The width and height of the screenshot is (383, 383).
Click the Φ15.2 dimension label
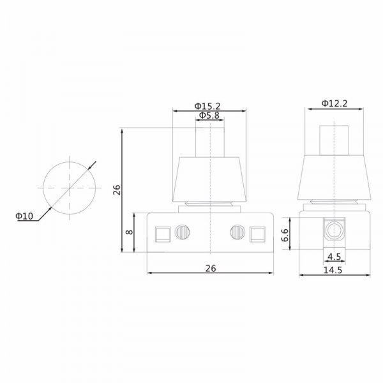(x=207, y=106)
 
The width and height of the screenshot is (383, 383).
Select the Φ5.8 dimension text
(x=209, y=116)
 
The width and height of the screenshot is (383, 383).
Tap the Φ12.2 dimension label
(x=334, y=103)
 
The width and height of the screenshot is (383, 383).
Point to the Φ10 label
(x=24, y=216)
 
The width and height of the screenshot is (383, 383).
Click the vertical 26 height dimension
(x=117, y=190)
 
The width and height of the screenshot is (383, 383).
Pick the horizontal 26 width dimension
(x=211, y=269)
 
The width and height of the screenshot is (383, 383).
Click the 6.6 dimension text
(x=285, y=235)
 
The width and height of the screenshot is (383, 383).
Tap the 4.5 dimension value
(x=334, y=257)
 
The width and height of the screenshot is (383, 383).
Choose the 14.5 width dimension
(x=333, y=270)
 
